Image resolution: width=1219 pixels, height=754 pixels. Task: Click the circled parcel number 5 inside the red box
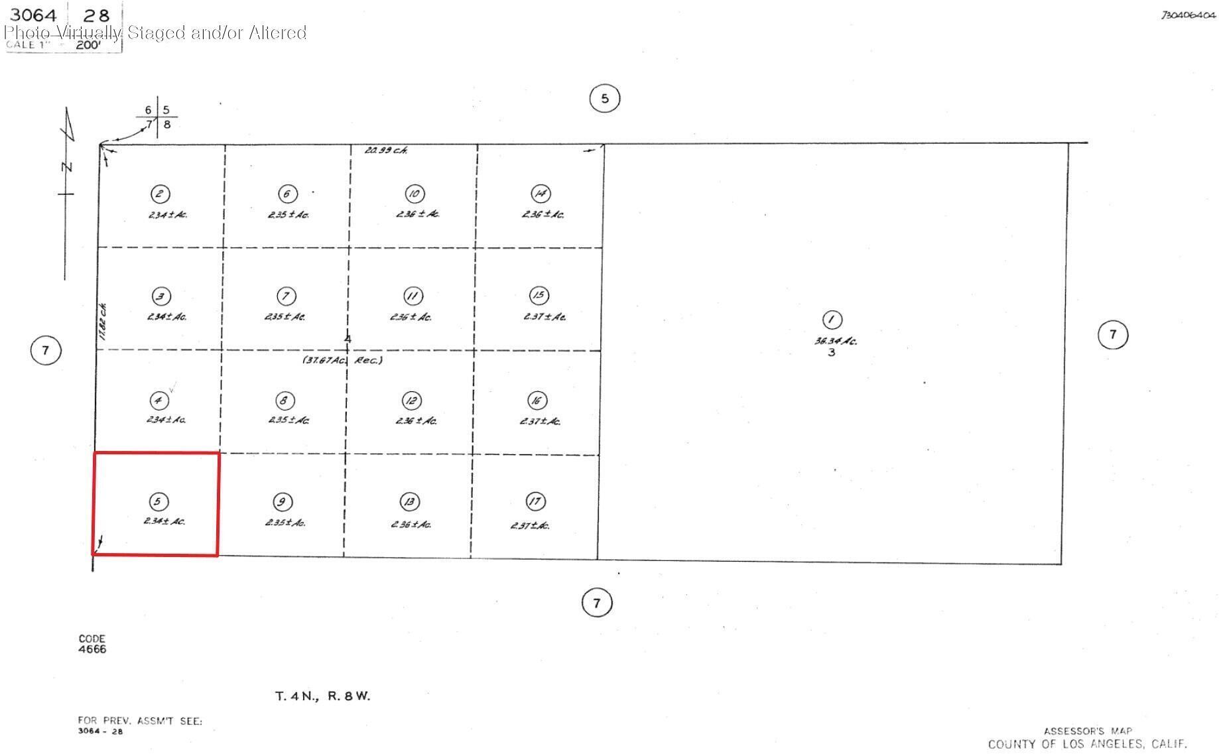point(158,501)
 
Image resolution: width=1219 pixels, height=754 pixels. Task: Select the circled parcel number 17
point(535,502)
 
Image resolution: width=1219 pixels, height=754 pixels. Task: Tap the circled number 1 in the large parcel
point(832,320)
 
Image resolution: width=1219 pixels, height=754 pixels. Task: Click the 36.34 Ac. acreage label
point(836,341)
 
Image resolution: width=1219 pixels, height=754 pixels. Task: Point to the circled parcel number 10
point(415,194)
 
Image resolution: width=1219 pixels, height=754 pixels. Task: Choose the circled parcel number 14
point(541,194)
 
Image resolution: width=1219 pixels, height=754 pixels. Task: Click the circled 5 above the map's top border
point(604,99)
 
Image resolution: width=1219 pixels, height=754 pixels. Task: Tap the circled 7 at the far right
point(1112,334)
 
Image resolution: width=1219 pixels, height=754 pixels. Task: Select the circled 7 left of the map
point(46,350)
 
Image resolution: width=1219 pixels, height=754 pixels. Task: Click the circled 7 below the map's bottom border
point(597,603)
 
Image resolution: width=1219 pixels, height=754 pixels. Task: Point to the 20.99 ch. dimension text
point(386,151)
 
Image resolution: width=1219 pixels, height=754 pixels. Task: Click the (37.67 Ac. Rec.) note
point(343,360)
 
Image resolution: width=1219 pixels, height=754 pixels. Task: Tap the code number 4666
point(92,649)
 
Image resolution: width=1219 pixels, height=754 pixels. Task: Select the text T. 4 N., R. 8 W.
point(322,696)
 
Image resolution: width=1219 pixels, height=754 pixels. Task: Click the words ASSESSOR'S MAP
point(1088,731)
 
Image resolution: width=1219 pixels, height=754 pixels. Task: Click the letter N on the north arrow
point(67,166)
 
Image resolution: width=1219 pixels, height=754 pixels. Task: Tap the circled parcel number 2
point(160,194)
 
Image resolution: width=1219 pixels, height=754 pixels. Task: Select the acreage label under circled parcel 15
point(545,317)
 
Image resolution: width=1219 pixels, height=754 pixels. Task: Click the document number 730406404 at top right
point(1187,15)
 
